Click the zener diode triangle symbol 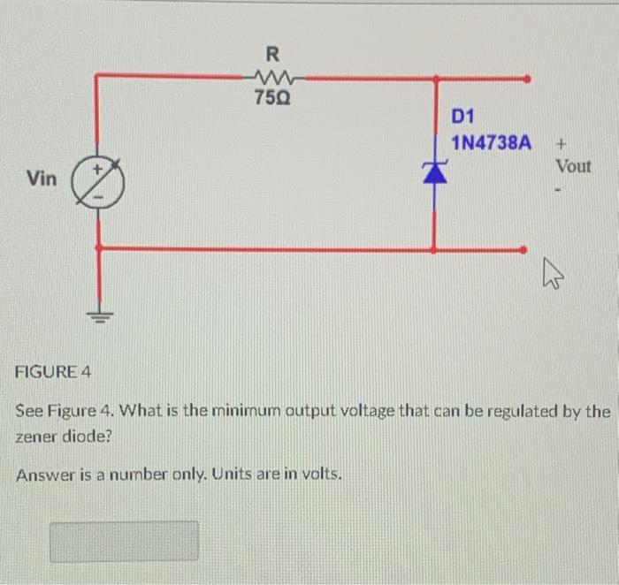click(x=434, y=173)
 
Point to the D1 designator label click(x=463, y=117)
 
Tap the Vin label click(x=42, y=179)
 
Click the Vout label click(x=573, y=166)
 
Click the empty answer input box click(x=124, y=541)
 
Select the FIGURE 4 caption click(x=54, y=371)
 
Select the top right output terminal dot click(x=527, y=78)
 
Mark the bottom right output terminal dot click(x=527, y=249)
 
